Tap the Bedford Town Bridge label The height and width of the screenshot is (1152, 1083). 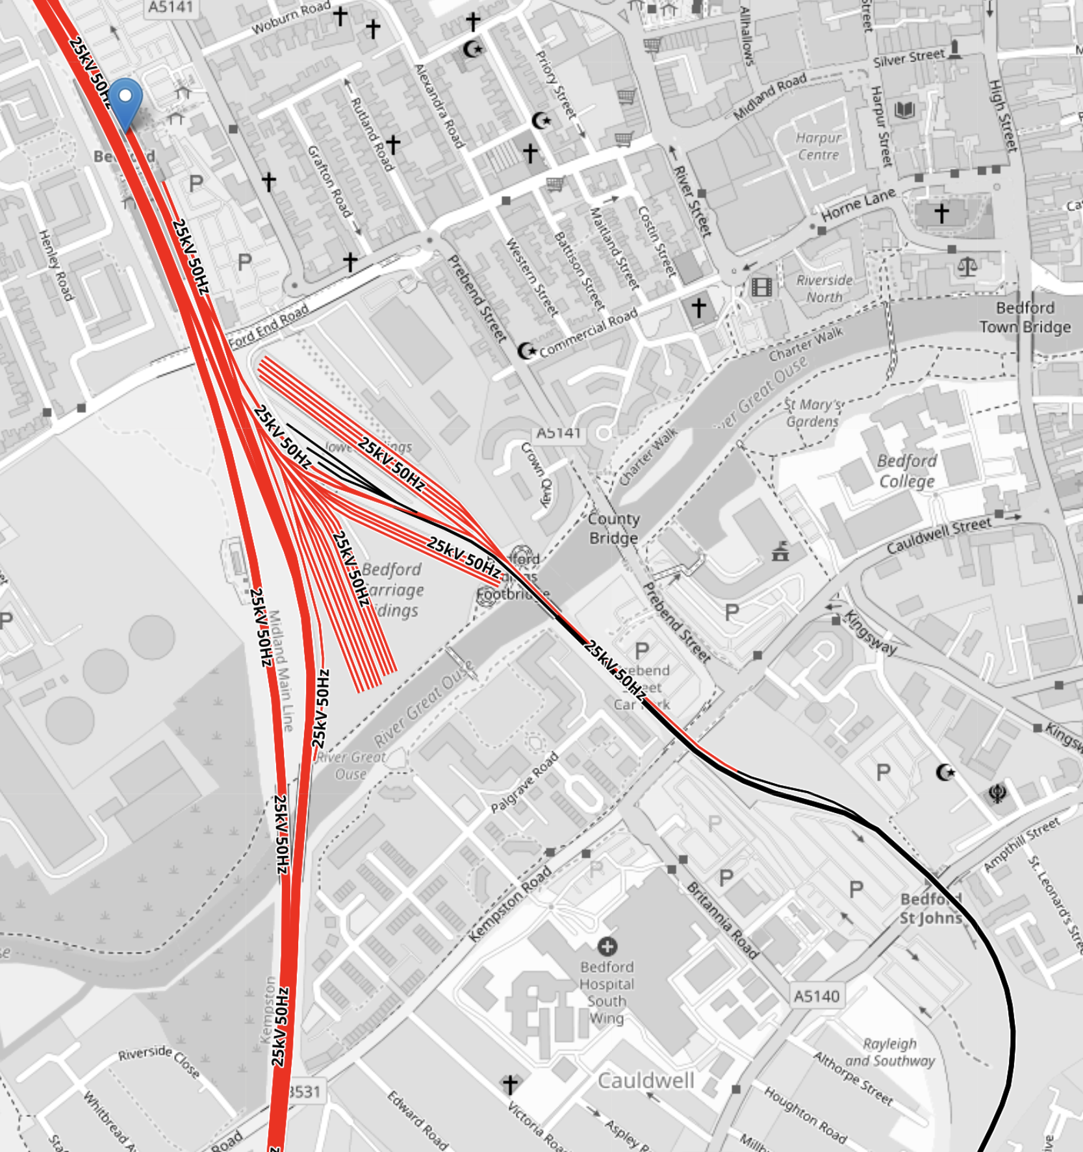click(1025, 317)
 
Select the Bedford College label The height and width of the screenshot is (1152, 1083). click(907, 471)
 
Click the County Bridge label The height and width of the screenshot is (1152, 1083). click(613, 528)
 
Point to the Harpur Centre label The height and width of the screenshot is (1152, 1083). click(819, 146)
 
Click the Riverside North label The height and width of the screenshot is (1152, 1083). click(824, 288)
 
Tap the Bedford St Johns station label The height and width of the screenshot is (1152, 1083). click(931, 908)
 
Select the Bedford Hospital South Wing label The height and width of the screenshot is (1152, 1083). click(607, 993)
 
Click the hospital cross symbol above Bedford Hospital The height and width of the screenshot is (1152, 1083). click(607, 945)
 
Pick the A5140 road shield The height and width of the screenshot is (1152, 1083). click(817, 995)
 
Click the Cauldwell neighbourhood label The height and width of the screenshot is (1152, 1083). click(646, 1081)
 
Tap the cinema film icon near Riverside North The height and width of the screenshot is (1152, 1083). click(761, 286)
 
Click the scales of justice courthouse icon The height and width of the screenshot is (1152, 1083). click(967, 266)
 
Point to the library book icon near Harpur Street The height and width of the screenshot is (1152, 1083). click(904, 110)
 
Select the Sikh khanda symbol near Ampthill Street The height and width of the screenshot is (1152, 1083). click(998, 794)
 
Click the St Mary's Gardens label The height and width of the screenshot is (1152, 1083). click(812, 412)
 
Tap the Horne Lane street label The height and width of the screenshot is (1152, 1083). click(858, 205)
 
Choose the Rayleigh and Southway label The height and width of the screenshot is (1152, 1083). click(890, 1052)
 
